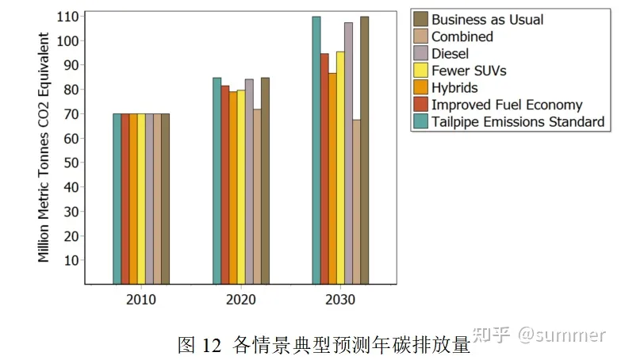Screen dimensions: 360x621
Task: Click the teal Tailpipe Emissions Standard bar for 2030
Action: pos(316,150)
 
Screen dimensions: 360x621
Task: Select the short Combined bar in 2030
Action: pos(357,201)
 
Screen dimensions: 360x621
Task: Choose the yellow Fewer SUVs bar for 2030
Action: pos(340,167)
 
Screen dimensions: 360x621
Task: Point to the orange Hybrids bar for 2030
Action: pos(332,178)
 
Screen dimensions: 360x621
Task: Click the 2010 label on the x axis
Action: pos(141,301)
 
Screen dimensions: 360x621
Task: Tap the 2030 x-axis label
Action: pos(340,301)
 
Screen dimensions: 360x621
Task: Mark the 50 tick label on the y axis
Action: pos(71,163)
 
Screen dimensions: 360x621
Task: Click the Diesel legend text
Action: pos(450,54)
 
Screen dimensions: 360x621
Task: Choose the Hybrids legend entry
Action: pos(454,87)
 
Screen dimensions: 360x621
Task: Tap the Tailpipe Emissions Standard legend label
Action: pos(518,122)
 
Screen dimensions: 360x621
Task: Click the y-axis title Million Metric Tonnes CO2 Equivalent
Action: pos(44,147)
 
